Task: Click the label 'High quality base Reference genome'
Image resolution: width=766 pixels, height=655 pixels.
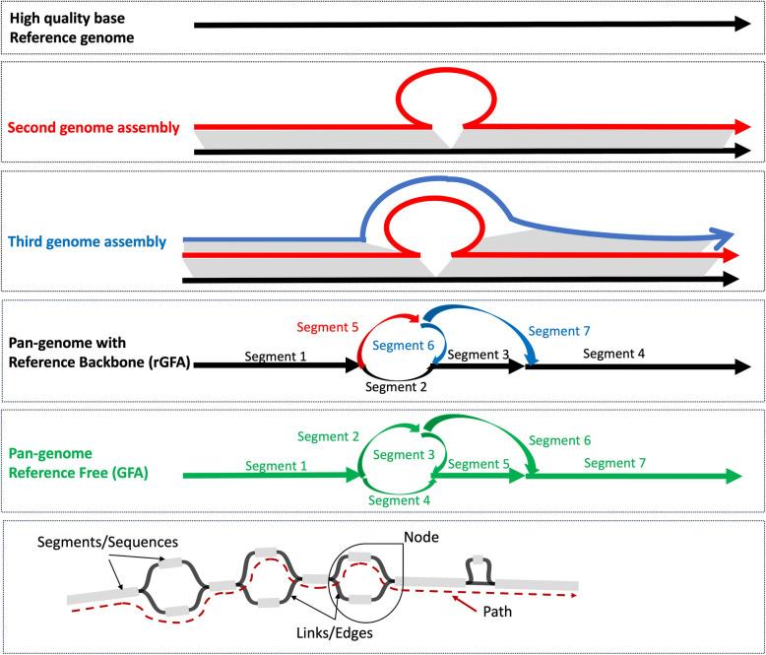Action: pos(74,29)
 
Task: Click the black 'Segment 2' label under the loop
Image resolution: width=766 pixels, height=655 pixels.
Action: pos(398,385)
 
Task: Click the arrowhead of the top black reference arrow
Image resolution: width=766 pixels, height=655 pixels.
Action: pos(740,25)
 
